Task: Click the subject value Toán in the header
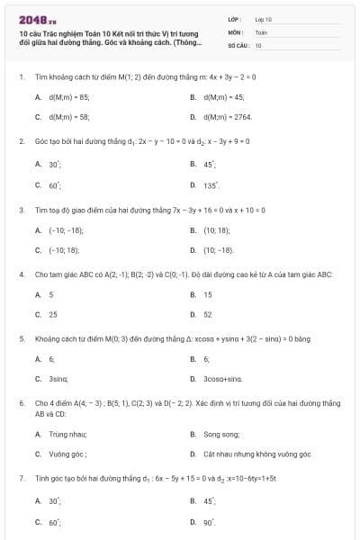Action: pos(262,31)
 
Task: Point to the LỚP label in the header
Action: pos(235,18)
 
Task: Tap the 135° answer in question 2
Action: pos(211,185)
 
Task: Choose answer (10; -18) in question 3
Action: pos(218,250)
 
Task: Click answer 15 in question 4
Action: pos(208,294)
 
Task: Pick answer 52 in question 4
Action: pos(208,315)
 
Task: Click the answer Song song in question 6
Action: pos(220,434)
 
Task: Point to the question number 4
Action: pos(21,274)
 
